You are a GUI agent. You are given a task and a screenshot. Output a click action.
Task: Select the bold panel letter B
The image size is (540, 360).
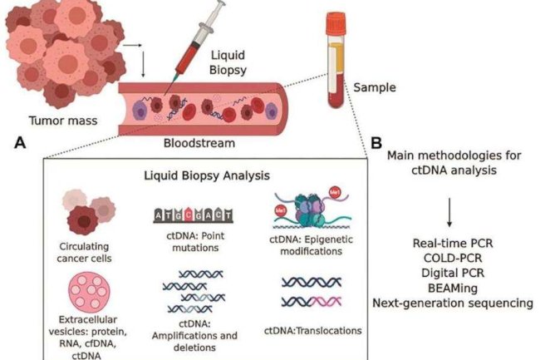coord(376,143)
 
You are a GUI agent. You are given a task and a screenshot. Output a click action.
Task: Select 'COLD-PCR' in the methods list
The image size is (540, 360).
coord(449,258)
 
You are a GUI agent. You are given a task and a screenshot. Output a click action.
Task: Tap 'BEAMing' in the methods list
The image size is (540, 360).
coord(449,288)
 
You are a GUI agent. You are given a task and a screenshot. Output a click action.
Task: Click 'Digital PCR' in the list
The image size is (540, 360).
coord(449,273)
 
